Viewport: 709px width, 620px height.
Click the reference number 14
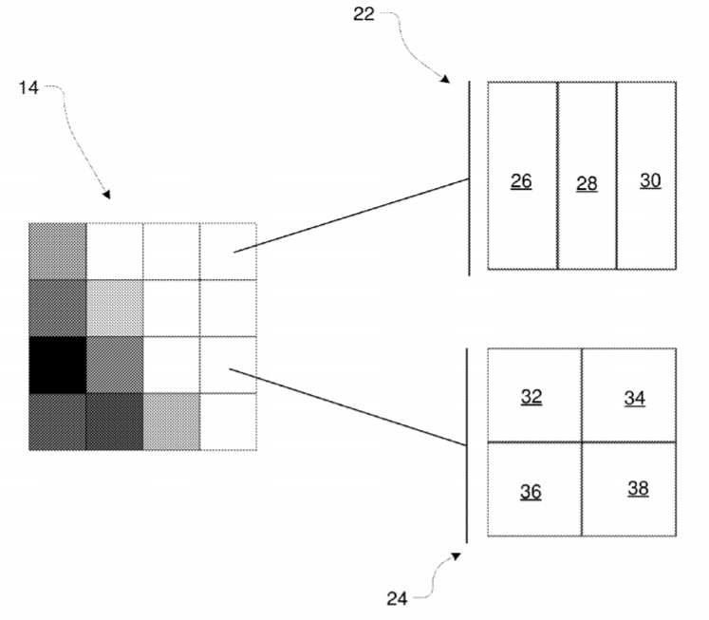[x=28, y=87]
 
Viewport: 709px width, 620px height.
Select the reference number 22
[x=364, y=14]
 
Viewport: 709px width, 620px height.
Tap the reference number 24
[x=397, y=599]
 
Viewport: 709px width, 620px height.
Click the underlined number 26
[x=521, y=181]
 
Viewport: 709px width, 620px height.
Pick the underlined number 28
[x=587, y=184]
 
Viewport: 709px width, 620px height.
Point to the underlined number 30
[x=650, y=181]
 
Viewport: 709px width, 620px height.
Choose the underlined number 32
[x=532, y=397]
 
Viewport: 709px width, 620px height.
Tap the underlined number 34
[x=634, y=399]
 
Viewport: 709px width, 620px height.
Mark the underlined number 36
[x=531, y=492]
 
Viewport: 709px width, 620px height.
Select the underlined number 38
[x=638, y=489]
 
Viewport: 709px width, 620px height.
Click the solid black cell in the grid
[x=58, y=365]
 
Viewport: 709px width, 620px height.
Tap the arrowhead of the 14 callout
[x=106, y=195]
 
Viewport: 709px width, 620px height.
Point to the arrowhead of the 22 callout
[x=445, y=80]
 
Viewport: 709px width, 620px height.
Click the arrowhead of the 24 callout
[x=456, y=556]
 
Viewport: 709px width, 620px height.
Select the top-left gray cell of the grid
[x=58, y=252]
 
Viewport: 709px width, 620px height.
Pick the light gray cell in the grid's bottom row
[x=172, y=422]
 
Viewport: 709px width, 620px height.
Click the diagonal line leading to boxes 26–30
[x=351, y=216]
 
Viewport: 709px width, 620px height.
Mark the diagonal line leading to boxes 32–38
[x=347, y=407]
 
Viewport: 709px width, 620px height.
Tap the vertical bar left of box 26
[x=469, y=178]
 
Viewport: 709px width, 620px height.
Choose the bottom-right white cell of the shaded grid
[x=229, y=422]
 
